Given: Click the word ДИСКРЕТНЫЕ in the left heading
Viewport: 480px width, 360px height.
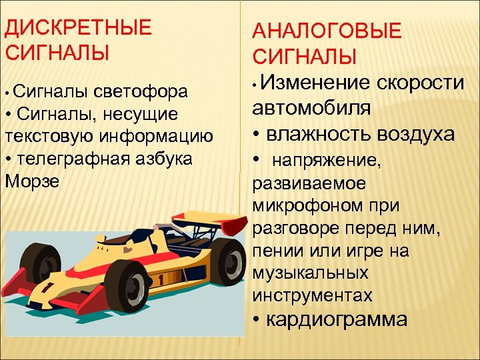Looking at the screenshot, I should click(78, 29).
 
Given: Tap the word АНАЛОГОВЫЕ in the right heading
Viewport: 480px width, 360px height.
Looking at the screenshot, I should click(327, 31).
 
